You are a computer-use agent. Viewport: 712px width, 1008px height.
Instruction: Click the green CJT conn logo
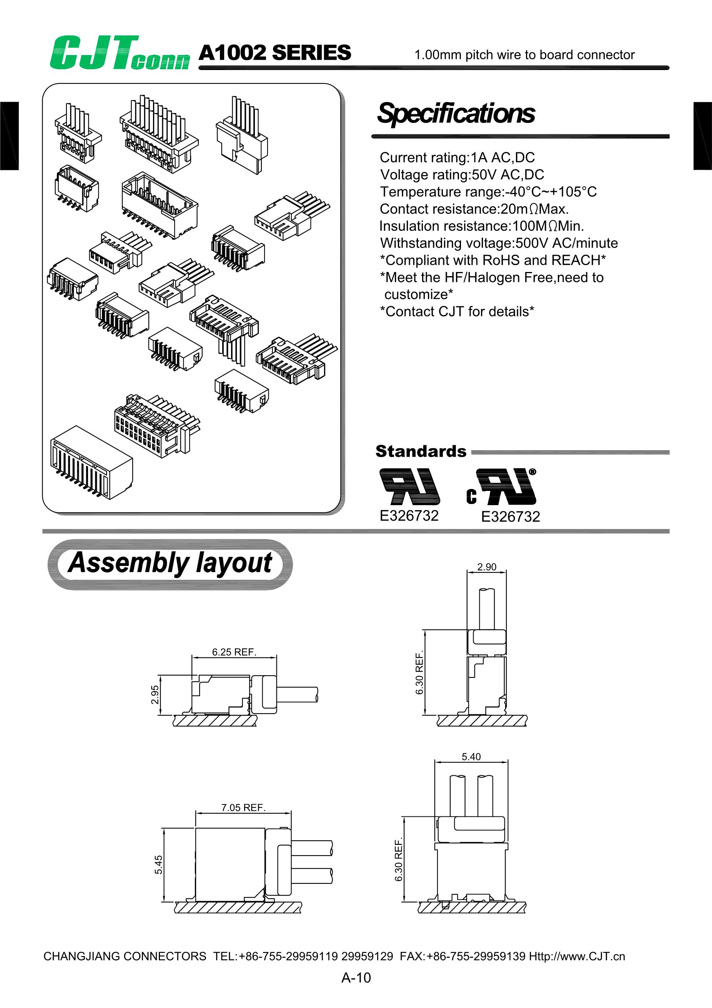tap(119, 53)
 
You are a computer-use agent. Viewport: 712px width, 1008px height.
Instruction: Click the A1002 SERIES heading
tap(274, 53)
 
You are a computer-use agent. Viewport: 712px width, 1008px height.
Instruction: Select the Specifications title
tap(456, 113)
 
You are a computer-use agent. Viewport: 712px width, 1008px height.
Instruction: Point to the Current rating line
tap(457, 157)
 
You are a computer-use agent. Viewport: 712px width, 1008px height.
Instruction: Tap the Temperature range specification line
tap(488, 192)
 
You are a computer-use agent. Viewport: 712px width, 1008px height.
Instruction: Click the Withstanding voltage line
tap(499, 243)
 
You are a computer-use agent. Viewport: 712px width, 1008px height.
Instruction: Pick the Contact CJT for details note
tap(457, 311)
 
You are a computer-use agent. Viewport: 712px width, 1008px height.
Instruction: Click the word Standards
tap(421, 451)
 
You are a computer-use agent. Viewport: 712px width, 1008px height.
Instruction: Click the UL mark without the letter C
tap(409, 486)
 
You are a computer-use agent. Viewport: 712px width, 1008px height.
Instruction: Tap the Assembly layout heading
tap(170, 563)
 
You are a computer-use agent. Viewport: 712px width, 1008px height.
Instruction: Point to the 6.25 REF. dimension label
tap(234, 652)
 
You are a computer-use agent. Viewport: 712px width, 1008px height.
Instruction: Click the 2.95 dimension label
tap(155, 694)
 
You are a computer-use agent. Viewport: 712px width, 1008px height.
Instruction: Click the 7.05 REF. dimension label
tap(243, 808)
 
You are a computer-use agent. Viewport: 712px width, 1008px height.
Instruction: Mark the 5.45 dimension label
tap(158, 864)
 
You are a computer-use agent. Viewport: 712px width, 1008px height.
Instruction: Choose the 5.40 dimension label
tap(471, 756)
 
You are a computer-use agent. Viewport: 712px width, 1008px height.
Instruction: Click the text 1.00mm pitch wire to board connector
tap(524, 55)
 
